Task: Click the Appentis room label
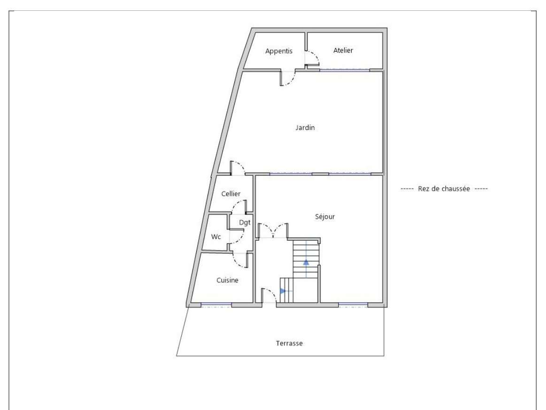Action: click(x=278, y=51)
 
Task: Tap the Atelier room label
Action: click(x=343, y=50)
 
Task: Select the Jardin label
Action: click(x=305, y=127)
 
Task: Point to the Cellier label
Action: click(x=231, y=194)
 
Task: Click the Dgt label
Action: click(x=245, y=222)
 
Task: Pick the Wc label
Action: click(x=216, y=237)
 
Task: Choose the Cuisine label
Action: click(x=227, y=280)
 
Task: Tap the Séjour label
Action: click(x=325, y=216)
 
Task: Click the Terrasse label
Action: click(x=289, y=343)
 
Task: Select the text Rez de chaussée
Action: click(x=444, y=189)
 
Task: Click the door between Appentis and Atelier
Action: click(x=312, y=58)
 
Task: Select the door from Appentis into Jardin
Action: click(x=288, y=78)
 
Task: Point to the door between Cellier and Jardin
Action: click(x=238, y=168)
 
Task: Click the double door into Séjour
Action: click(x=273, y=231)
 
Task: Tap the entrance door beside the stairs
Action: click(x=269, y=296)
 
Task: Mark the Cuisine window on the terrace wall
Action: click(x=216, y=305)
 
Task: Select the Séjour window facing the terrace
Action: click(x=353, y=305)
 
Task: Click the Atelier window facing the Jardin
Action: click(x=345, y=70)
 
